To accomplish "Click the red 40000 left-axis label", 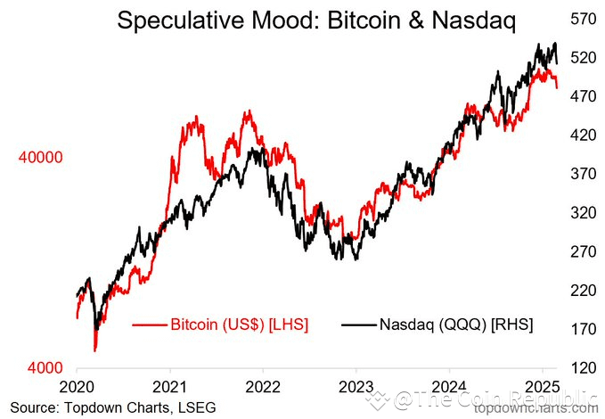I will [x=39, y=157].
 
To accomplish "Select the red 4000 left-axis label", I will [x=44, y=368].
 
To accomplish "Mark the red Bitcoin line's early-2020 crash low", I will [x=95, y=350].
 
